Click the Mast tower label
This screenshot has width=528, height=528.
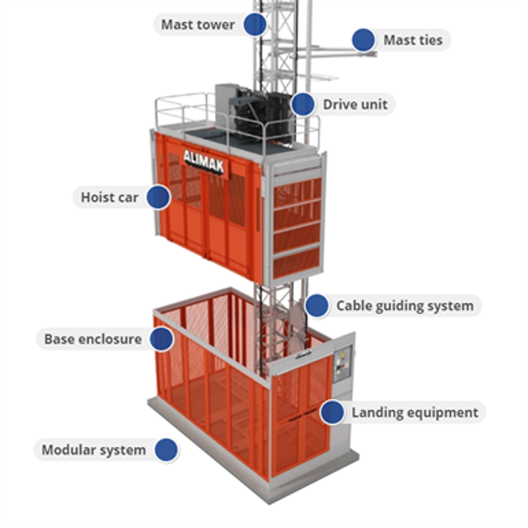click(197, 24)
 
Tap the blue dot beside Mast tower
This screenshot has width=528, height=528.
click(254, 24)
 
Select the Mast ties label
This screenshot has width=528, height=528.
click(412, 40)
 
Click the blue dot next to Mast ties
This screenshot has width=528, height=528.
click(363, 40)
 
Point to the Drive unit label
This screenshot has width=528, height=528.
click(354, 104)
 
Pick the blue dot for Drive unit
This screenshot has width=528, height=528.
click(303, 104)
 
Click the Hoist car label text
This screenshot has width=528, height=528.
click(110, 197)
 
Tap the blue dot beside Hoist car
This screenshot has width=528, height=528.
click(158, 197)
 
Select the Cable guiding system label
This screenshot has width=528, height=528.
click(404, 305)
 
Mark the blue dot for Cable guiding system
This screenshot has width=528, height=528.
click(317, 305)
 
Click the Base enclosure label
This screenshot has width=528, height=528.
click(92, 339)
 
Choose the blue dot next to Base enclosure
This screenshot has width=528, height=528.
click(161, 339)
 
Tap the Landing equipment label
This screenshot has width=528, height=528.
click(415, 412)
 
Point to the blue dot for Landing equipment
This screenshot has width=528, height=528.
click(332, 412)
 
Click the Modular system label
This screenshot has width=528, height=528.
click(93, 450)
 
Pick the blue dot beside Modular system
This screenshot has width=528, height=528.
click(166, 450)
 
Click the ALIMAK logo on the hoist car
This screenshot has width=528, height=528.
click(203, 161)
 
